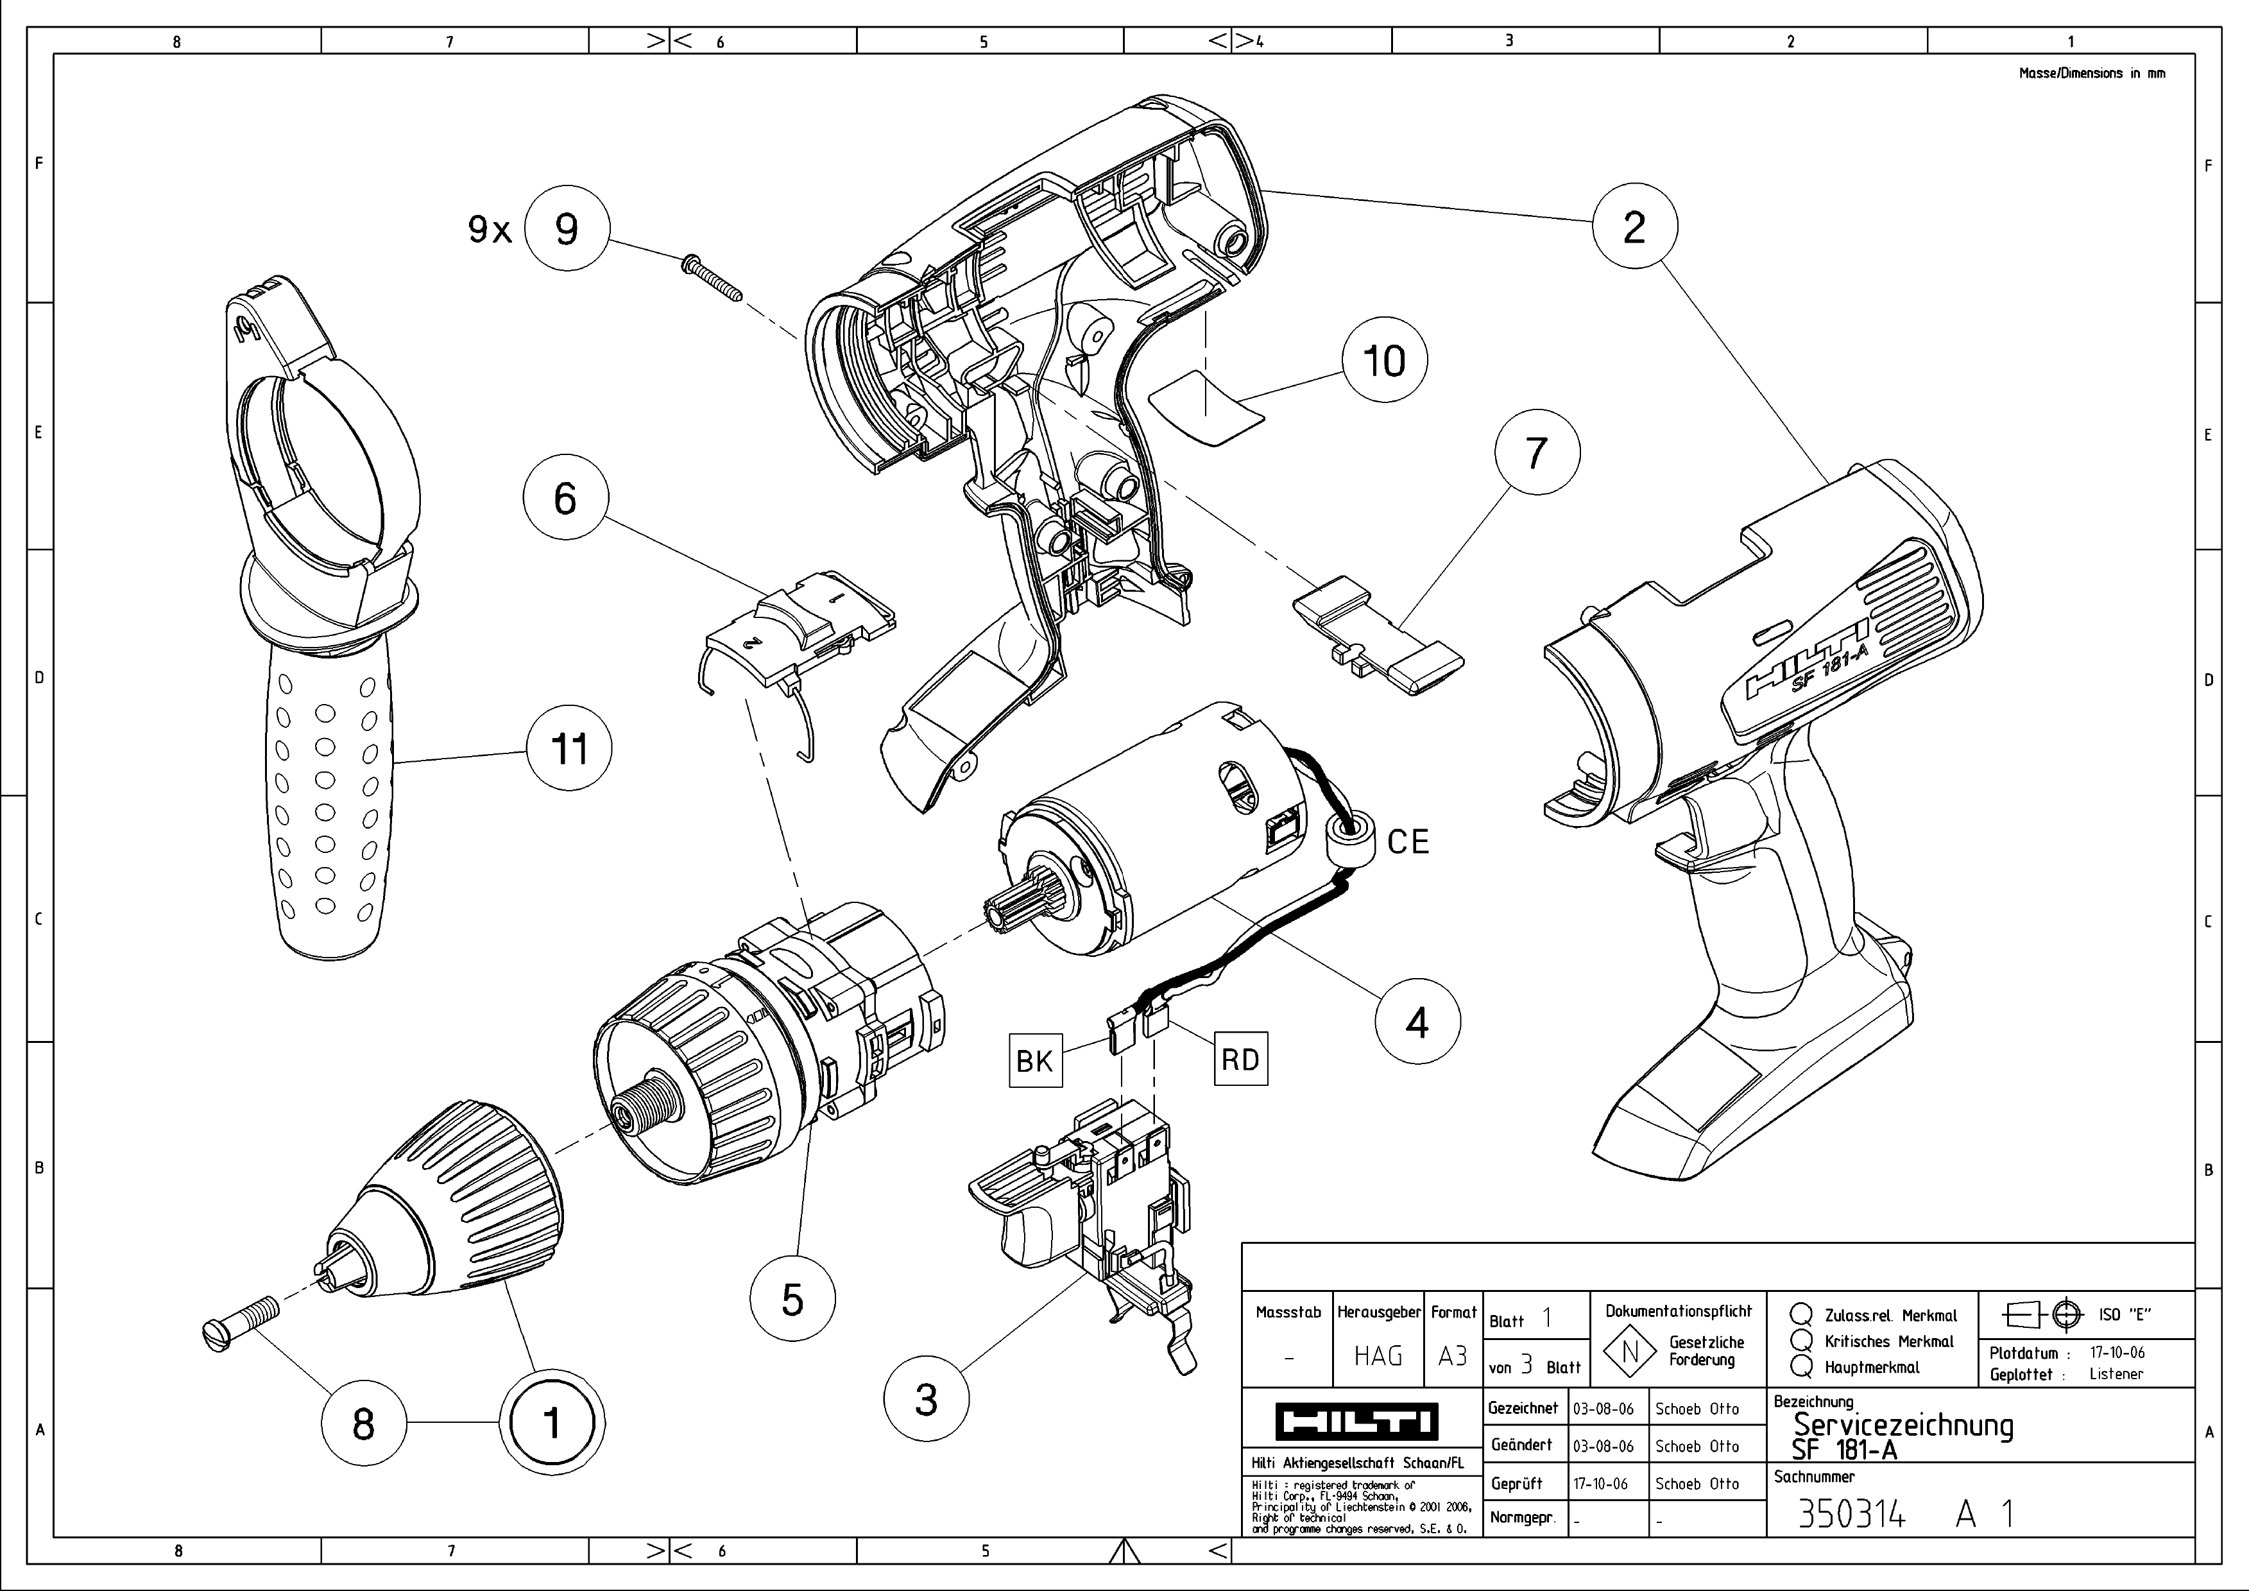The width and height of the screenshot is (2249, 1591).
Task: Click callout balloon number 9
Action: [566, 228]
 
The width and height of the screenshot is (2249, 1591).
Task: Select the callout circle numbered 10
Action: [1384, 361]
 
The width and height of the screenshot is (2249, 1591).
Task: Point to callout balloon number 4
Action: [1416, 1022]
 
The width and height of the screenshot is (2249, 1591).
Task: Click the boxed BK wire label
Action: [1034, 1060]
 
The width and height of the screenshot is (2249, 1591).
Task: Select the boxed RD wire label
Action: [1240, 1059]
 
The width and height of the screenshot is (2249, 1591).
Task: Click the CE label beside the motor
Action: [1408, 841]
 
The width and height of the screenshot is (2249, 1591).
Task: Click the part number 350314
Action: [1851, 1515]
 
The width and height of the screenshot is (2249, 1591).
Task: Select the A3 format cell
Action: [1453, 1356]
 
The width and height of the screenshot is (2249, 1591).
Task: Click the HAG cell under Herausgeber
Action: [1378, 1356]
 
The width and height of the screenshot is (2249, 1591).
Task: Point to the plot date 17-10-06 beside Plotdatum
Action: [2117, 1352]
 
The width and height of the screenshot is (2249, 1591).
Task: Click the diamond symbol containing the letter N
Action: [1630, 1353]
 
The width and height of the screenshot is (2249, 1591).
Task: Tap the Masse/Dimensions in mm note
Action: [2091, 73]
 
